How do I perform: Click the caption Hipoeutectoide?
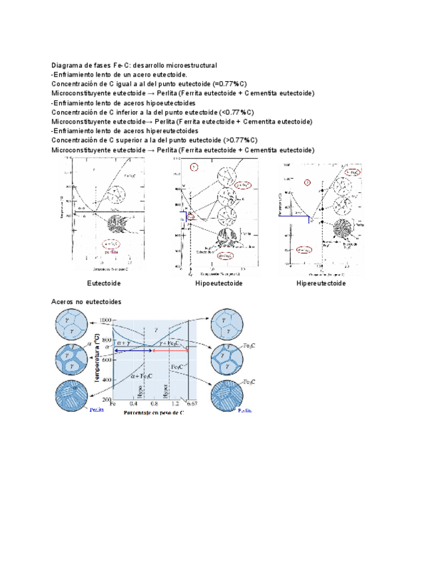218,283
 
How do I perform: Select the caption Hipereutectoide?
321,283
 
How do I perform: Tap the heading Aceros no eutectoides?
87,302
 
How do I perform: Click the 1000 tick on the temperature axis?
105,321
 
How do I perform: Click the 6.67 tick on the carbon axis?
192,404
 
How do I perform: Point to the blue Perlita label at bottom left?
97,411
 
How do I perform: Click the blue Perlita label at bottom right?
245,411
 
